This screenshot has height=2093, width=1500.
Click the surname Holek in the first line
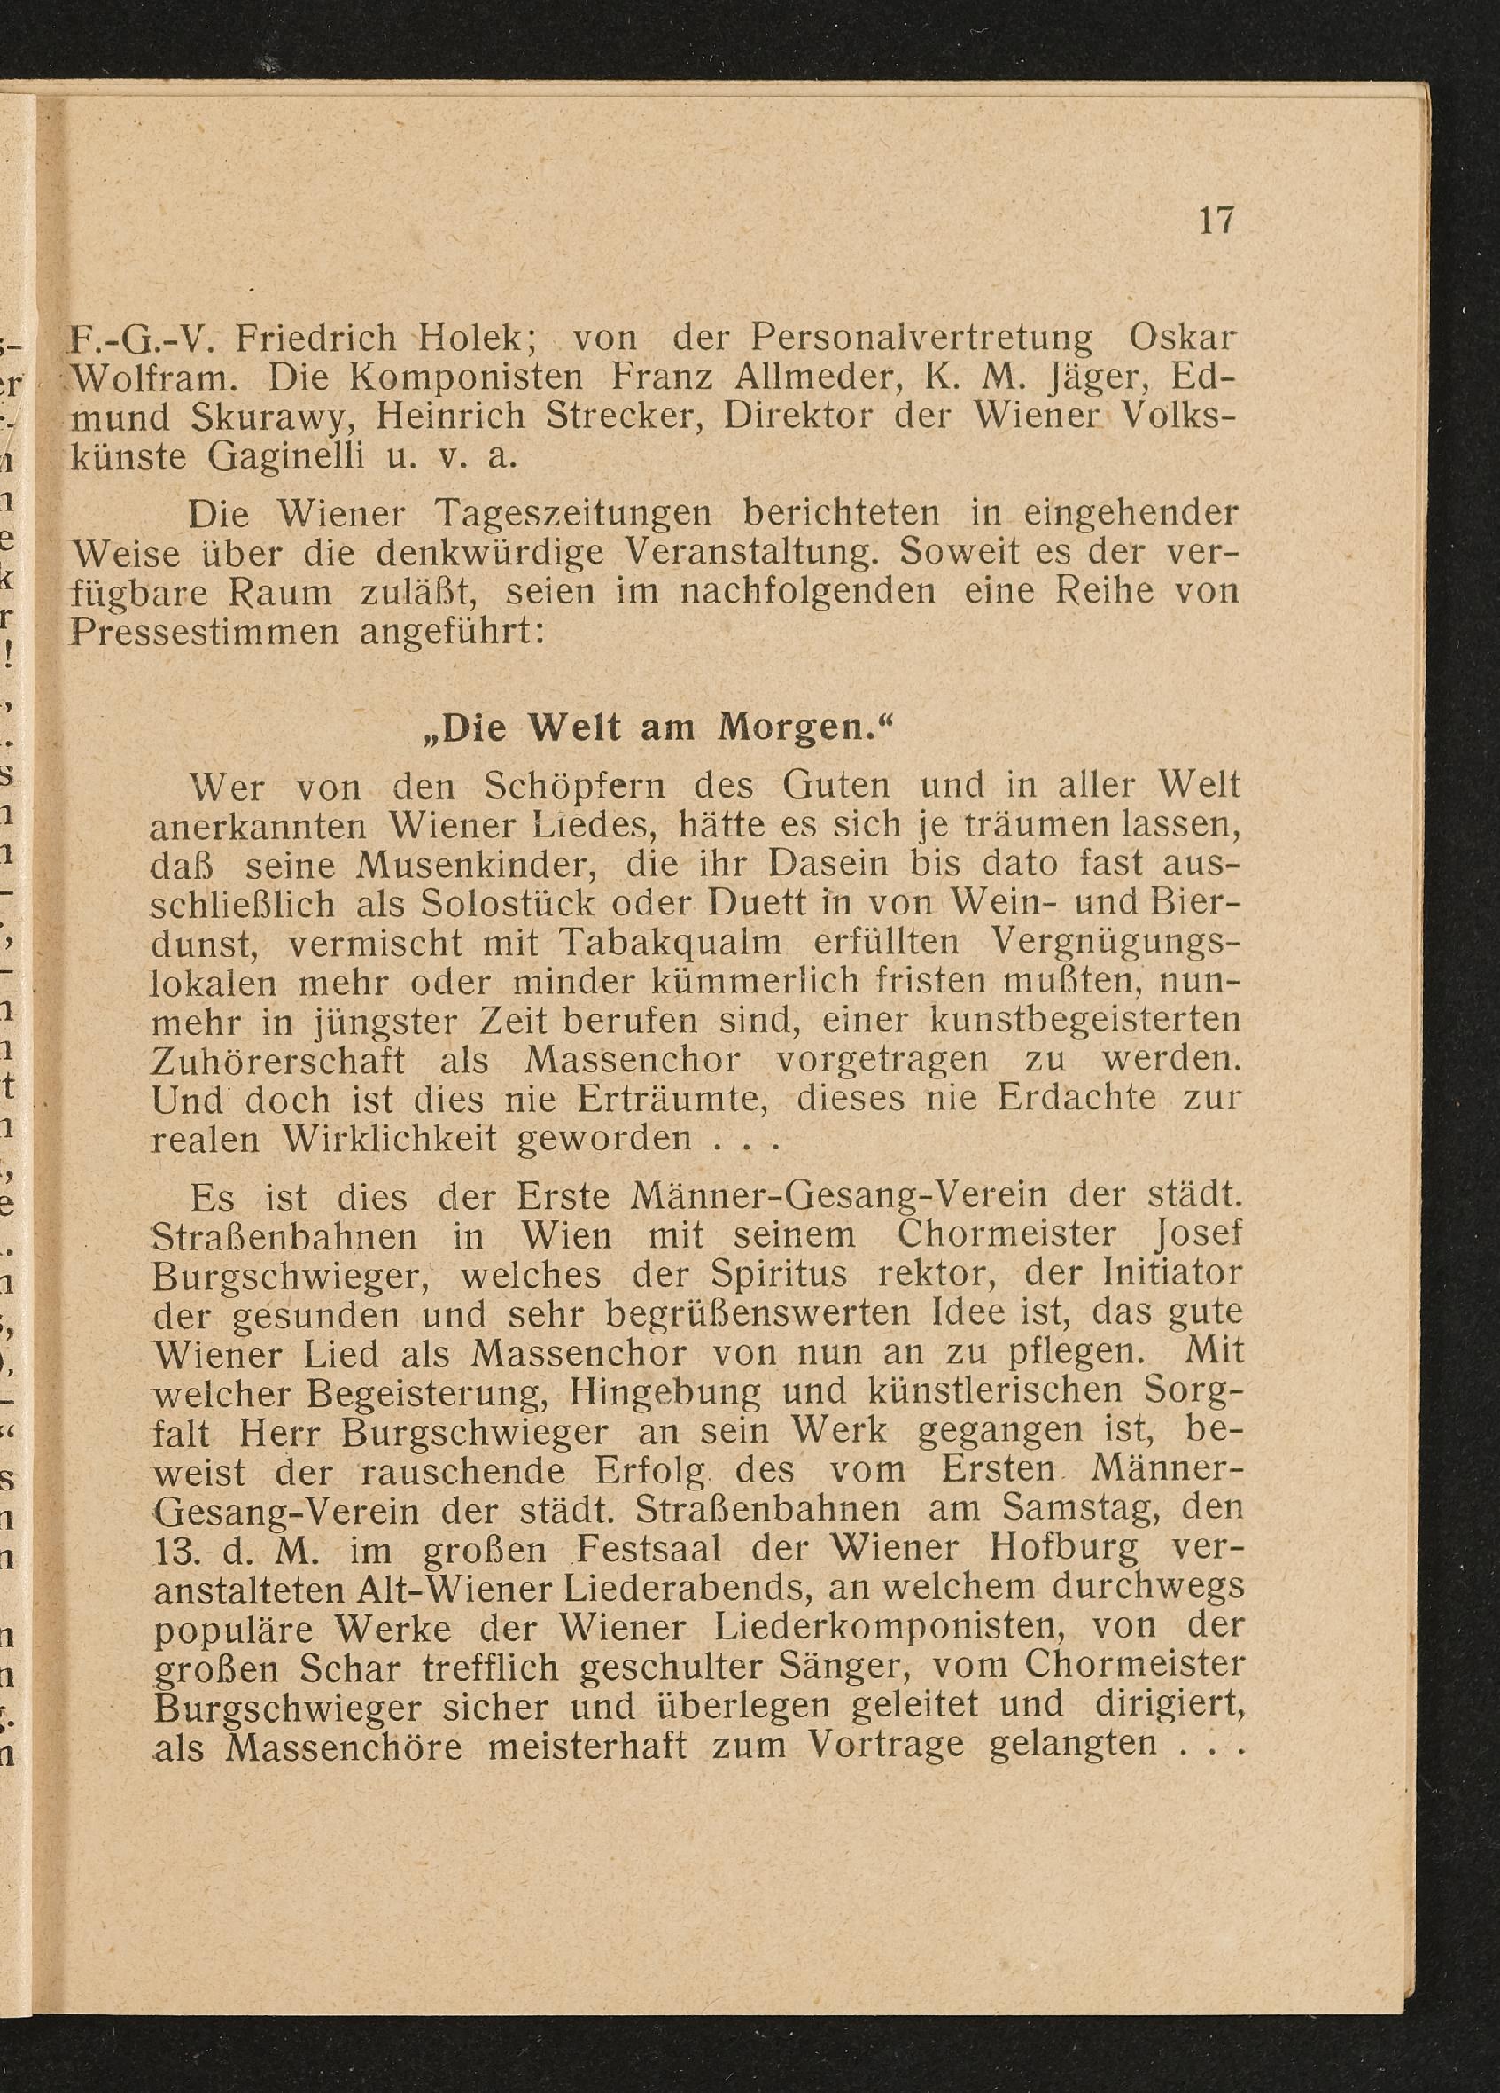471,338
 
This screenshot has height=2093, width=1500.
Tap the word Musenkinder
471,866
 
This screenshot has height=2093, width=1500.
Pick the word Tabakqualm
671,944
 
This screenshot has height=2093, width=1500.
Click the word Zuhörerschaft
277,1062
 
